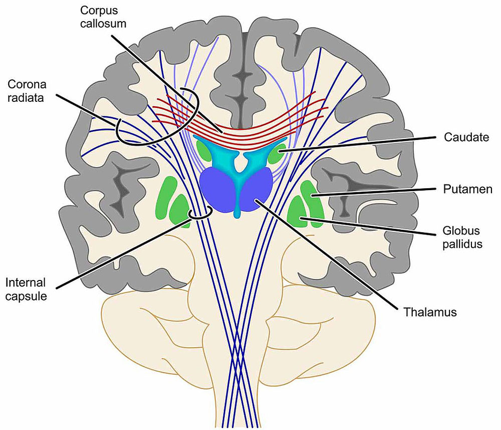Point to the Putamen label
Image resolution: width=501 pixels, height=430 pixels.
click(x=467, y=189)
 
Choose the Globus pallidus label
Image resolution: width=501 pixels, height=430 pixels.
click(x=461, y=237)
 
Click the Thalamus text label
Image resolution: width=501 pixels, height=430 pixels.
click(x=430, y=312)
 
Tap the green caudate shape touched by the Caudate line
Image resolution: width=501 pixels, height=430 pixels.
click(x=275, y=153)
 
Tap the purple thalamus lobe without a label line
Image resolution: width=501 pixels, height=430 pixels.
click(x=216, y=189)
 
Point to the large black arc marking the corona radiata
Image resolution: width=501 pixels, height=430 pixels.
click(x=150, y=135)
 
